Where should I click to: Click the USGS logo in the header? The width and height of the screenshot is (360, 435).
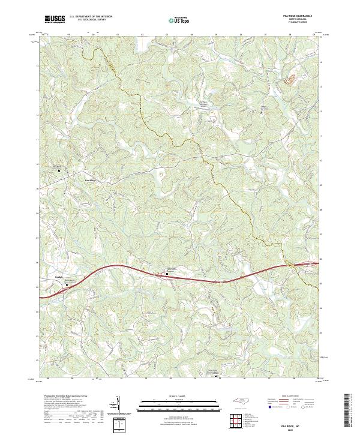point(55,19)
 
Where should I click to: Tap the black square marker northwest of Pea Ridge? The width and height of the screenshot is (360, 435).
point(59,170)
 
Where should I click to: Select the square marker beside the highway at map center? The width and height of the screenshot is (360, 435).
point(167,274)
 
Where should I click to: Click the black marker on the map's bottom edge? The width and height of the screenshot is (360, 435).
point(217,377)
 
